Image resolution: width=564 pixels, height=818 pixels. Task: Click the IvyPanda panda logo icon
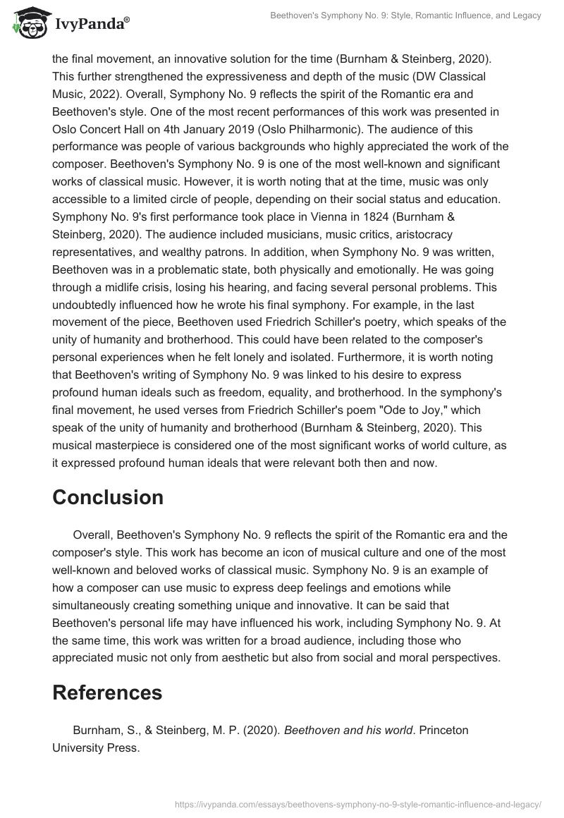pos(29,24)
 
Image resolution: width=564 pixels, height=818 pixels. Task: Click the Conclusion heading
pos(108,497)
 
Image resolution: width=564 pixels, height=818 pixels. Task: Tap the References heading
pos(107,692)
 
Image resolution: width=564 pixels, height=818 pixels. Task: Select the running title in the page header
pos(405,16)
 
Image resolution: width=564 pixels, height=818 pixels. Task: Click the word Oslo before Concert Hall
pos(65,129)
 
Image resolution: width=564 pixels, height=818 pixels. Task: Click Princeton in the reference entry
pos(443,731)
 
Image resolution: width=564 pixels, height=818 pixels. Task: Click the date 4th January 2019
pos(266,129)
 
